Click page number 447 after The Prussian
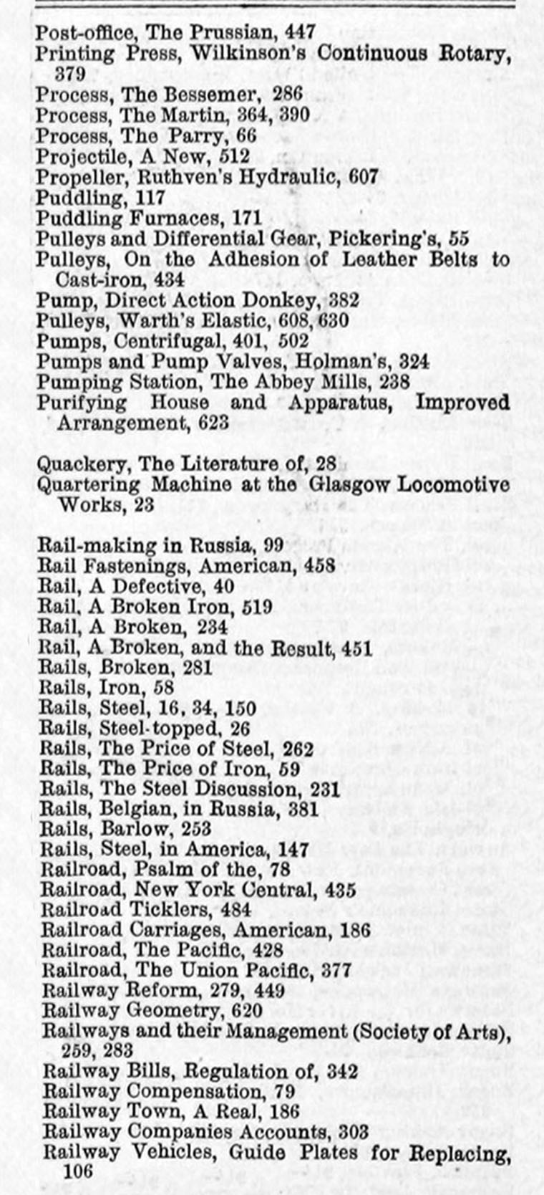pos(300,32)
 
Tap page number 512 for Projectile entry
pos(235,156)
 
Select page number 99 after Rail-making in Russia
pos(273,545)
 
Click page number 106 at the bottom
pos(78,1171)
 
